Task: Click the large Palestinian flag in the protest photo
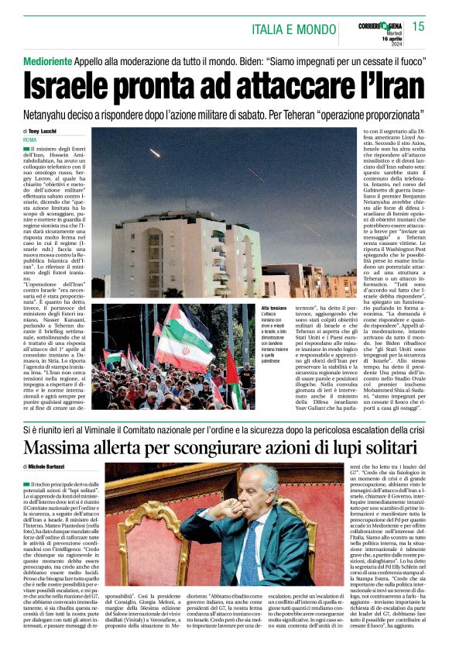[x=187, y=335]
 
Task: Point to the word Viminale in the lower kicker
[x=117, y=428]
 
